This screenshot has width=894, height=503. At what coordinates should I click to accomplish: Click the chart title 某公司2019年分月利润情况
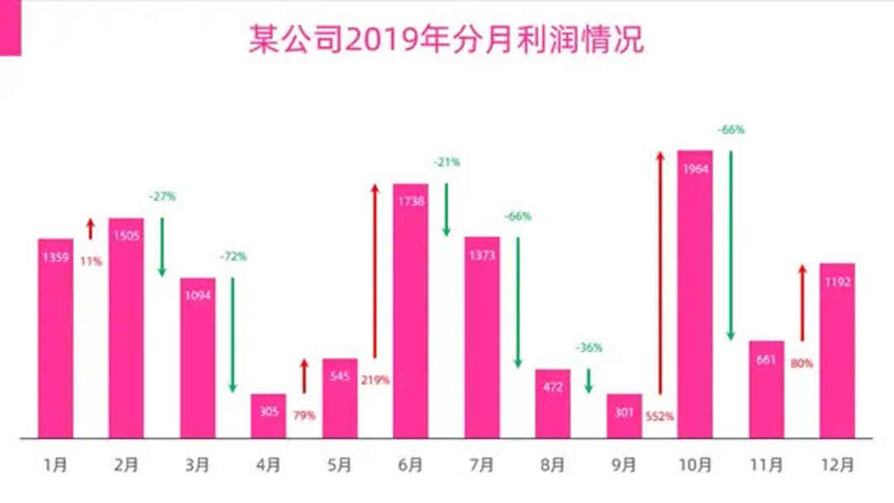(x=446, y=39)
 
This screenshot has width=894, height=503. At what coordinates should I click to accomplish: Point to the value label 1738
(x=411, y=203)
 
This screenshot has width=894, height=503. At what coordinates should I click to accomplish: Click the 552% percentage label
(x=660, y=415)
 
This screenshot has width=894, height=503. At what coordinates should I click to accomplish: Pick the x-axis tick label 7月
(x=482, y=466)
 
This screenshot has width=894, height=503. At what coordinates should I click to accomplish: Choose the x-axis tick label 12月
(x=837, y=466)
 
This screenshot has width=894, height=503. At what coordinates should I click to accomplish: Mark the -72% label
(x=233, y=256)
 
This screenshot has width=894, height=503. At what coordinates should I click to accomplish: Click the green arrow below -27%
(x=162, y=247)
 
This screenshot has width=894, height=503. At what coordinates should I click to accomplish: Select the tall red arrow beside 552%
(x=660, y=273)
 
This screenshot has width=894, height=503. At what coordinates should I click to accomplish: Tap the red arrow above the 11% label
(x=91, y=229)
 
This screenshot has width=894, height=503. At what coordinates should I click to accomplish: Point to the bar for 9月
(x=624, y=415)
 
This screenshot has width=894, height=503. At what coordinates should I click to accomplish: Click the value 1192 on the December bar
(x=838, y=281)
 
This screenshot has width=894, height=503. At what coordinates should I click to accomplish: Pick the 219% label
(x=375, y=380)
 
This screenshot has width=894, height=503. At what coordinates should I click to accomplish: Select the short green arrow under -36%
(x=589, y=381)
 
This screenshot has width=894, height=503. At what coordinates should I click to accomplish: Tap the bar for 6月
(x=411, y=310)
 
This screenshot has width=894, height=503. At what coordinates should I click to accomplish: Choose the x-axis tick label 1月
(x=55, y=466)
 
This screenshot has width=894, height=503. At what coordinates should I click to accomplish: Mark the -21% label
(x=446, y=163)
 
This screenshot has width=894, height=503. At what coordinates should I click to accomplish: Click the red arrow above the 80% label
(x=801, y=303)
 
